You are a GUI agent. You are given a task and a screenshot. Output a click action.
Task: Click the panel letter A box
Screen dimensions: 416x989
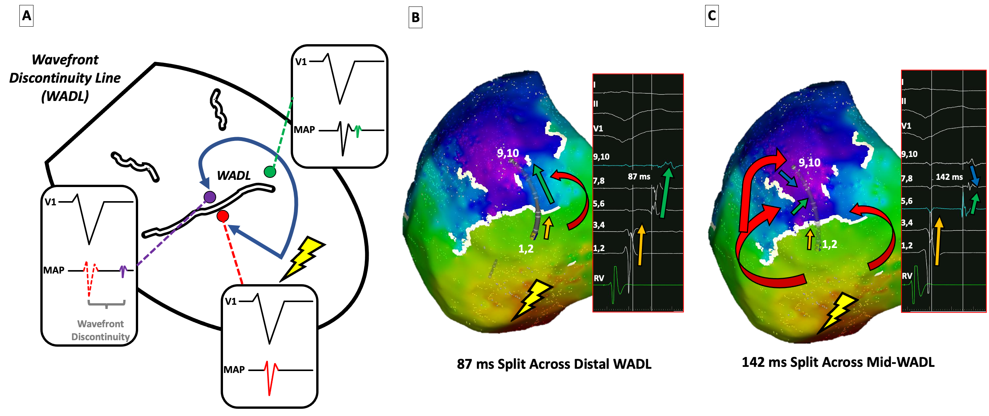(26, 16)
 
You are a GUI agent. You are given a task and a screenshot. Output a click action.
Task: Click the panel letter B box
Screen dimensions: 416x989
(415, 17)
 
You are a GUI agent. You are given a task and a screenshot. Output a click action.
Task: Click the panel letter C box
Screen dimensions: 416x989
(712, 16)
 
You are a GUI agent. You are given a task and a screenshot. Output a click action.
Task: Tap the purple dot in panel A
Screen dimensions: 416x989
(209, 197)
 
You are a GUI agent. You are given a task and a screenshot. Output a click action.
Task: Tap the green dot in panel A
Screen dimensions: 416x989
(270, 171)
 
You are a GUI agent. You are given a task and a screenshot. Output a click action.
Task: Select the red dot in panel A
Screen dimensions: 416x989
(223, 216)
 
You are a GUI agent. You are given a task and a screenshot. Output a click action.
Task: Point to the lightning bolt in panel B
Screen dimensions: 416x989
(532, 300)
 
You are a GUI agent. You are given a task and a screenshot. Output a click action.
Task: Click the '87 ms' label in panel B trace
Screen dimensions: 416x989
(639, 176)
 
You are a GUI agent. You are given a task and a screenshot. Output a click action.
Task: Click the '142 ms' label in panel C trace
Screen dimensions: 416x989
(949, 177)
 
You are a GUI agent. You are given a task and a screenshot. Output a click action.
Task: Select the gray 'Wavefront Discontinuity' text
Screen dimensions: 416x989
(100, 330)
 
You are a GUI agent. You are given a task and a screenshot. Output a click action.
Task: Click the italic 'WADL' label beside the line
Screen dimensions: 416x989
(234, 176)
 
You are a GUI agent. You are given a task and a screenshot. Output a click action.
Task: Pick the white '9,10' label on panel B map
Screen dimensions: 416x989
(508, 153)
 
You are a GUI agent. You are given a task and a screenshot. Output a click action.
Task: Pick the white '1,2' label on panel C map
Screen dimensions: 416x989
(829, 244)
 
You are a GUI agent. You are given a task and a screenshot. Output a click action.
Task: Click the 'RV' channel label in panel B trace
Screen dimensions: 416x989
(599, 278)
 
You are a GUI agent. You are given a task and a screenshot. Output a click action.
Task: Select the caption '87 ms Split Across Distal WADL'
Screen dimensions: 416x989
(554, 364)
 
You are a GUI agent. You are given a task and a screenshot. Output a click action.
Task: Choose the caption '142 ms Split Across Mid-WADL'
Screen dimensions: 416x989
(838, 362)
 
